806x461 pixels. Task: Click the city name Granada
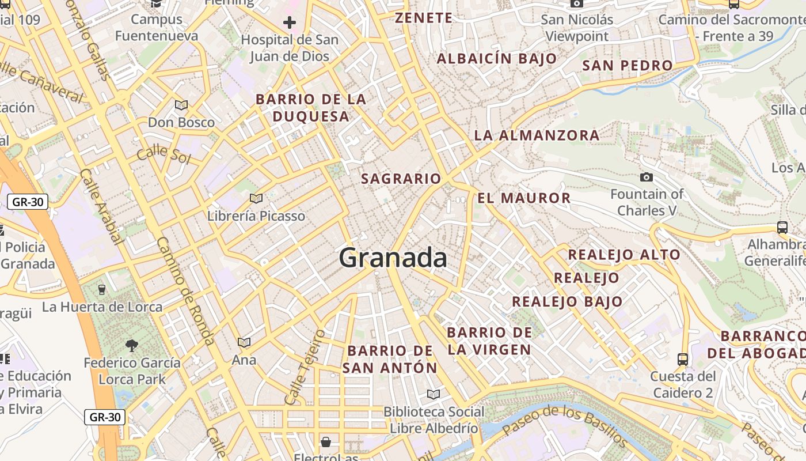point(393,258)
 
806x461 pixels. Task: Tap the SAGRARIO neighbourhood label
point(401,179)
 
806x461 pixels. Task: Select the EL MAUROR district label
point(524,198)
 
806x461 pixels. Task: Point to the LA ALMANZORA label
point(537,135)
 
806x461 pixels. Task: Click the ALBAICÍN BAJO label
point(497,59)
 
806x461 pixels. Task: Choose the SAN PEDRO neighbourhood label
point(628,66)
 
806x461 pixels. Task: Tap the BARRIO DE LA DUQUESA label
point(311,108)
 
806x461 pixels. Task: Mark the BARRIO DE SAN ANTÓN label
point(390,359)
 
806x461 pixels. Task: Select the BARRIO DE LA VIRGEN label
point(489,341)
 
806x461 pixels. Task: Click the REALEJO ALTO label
point(624,255)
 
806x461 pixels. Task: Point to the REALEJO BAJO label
point(567,301)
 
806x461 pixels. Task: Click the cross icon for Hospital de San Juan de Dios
point(290,23)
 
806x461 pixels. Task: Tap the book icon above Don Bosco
point(181,105)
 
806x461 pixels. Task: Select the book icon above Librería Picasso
point(256,199)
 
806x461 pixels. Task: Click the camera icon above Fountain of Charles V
point(647,177)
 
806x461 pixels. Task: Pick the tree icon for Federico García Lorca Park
point(132,346)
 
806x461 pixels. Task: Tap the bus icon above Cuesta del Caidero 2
point(683,360)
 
